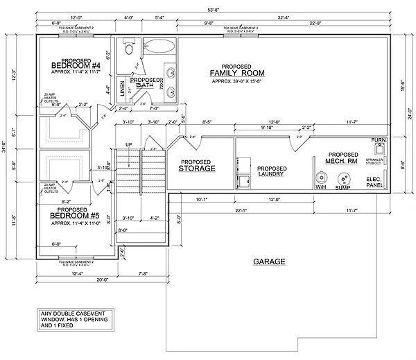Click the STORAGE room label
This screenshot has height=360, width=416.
pos(196,168)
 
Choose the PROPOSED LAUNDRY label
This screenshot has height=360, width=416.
pos(272,172)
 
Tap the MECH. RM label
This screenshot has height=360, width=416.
pos(342,162)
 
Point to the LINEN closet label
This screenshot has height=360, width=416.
pos(123,87)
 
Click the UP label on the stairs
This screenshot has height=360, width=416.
pos(128,144)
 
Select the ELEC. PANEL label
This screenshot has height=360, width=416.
pos(375,182)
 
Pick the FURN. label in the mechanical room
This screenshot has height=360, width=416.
pos(379,141)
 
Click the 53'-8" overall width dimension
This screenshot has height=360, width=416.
pos(211,10)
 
